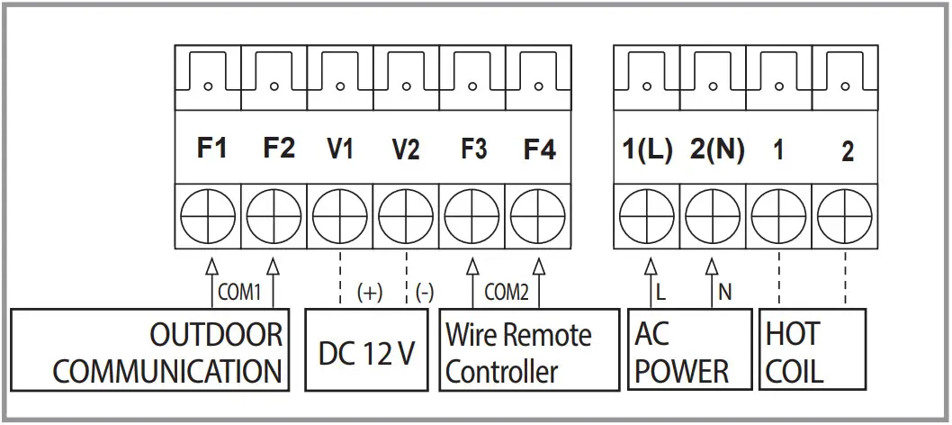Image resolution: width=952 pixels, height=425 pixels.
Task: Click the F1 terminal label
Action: [212, 149]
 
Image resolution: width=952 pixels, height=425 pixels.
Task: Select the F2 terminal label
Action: [279, 149]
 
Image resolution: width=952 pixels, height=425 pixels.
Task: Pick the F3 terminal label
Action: [472, 149]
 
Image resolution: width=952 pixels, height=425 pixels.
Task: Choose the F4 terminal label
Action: [539, 149]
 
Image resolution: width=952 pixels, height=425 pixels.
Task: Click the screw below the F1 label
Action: [208, 216]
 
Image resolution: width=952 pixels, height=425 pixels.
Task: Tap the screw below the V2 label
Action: [406, 216]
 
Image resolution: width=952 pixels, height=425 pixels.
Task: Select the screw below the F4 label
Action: [538, 216]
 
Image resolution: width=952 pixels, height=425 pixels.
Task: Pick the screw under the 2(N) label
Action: [713, 216]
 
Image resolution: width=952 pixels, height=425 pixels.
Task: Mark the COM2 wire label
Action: [506, 292]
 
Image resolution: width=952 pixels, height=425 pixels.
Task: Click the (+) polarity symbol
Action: [370, 293]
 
